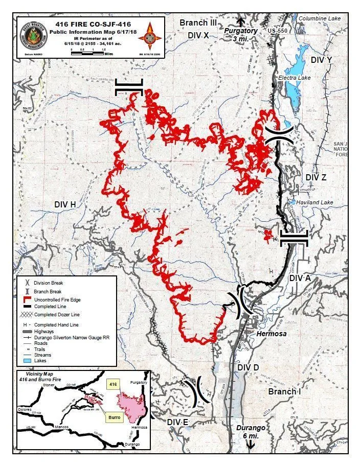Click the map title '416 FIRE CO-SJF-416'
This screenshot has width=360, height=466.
90,24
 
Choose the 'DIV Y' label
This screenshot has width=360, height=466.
321,60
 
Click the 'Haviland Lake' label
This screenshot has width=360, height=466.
314,203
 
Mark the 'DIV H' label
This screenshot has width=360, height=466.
65,204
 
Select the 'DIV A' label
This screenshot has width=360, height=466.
300,278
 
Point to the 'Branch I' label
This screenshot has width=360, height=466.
284,391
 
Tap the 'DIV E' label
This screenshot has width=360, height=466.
178,422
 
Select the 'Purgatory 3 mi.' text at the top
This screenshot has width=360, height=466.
241,35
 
